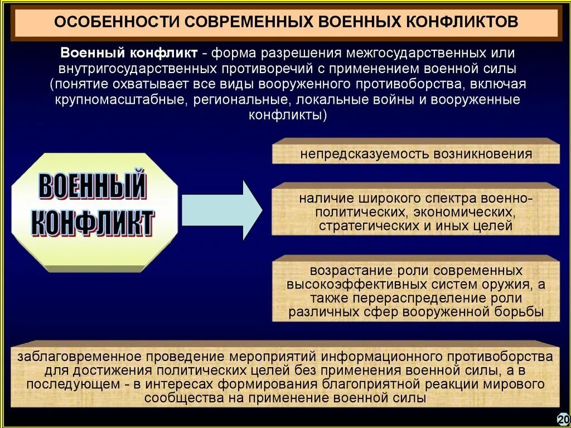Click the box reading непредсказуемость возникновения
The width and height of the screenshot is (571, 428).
tap(415, 154)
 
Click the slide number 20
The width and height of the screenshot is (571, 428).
tap(563, 419)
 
